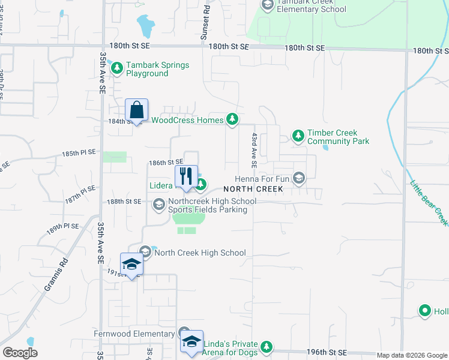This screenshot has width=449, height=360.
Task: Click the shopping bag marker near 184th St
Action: click(x=137, y=110)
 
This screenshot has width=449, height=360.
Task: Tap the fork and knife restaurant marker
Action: click(x=186, y=176)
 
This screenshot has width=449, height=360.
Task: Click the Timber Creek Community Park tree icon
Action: click(x=298, y=136)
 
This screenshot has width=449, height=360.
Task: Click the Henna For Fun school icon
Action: click(x=299, y=178)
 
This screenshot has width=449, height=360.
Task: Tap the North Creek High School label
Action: click(x=200, y=253)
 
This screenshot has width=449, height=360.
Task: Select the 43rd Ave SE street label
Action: click(x=255, y=151)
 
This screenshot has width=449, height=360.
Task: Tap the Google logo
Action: click(x=20, y=353)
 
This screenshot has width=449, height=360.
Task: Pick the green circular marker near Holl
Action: click(x=425, y=311)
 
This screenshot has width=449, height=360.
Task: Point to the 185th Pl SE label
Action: click(x=79, y=154)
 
